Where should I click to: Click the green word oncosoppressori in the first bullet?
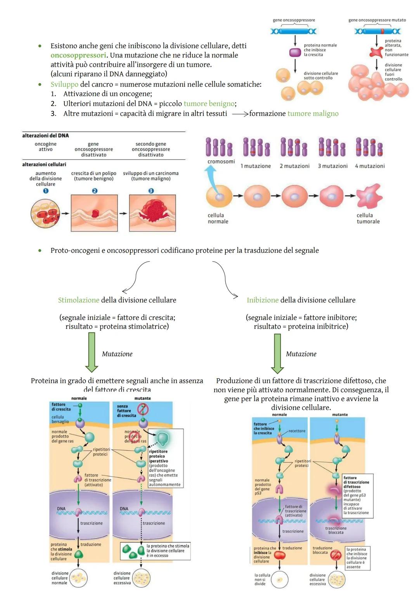coord(78,55)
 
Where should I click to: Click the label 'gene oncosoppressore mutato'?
coord(377,20)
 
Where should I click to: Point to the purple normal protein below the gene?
coord(295,52)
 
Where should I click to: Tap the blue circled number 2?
coord(94,191)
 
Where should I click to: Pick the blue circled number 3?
coord(151,191)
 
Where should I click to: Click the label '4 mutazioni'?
coord(370,166)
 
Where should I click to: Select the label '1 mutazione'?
coord(256,166)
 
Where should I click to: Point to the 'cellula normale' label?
coord(218,218)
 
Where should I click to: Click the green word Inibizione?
coord(263,300)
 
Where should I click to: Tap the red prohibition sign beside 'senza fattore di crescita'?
coord(144,409)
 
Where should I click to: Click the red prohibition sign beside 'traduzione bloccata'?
coord(336,555)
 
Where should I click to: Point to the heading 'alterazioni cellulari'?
coord(44,164)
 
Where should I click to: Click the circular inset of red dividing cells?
coord(45,213)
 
